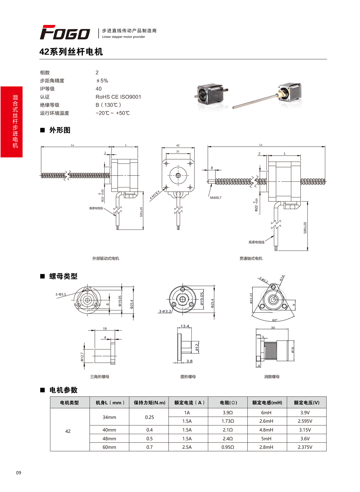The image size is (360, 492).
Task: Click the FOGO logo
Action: tap(65, 32)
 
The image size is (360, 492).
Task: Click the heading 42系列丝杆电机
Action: tap(71, 52)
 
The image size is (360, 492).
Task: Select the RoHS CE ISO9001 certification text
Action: tap(118, 97)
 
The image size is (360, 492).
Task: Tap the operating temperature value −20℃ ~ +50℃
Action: tap(112, 113)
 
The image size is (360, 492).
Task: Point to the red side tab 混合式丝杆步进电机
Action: tap(12, 121)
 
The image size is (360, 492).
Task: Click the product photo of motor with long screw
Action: tap(267, 96)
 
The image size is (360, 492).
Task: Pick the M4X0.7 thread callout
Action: tap(216, 198)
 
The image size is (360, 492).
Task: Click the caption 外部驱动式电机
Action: tap(106, 258)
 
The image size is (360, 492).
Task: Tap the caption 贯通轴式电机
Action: tap(251, 258)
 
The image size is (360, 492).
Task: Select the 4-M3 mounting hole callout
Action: tap(155, 195)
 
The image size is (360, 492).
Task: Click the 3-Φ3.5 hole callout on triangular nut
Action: tap(61, 294)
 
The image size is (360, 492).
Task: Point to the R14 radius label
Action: tap(282, 278)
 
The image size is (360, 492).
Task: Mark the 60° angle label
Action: tap(275, 320)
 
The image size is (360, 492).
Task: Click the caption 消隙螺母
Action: tap(272, 376)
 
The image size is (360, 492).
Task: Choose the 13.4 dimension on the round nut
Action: tap(185, 326)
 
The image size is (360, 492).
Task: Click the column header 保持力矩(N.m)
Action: tap(149, 403)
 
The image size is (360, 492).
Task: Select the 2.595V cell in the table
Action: tap(305, 421)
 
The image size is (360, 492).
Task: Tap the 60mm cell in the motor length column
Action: tap(109, 447)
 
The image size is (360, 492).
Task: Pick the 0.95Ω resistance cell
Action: tap(228, 447)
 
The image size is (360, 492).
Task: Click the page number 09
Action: tap(19, 473)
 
